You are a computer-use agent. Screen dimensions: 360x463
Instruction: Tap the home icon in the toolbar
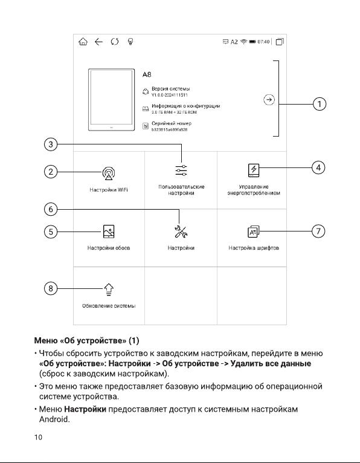pos(83,42)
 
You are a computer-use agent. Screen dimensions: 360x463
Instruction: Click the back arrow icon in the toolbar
pos(98,42)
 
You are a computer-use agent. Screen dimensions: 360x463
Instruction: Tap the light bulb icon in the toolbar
pos(130,42)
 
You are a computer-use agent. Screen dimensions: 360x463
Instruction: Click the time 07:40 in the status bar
pos(263,42)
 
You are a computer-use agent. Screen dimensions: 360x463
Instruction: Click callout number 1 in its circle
pos(320,104)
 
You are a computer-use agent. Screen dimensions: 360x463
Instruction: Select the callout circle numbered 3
pos(51,144)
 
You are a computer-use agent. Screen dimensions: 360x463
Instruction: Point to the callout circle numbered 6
pos(51,209)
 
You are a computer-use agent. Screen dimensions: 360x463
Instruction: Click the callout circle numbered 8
pos(51,288)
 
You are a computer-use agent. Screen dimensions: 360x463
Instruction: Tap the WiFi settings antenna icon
pos(109,173)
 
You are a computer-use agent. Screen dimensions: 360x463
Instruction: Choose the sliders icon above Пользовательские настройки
pos(181,170)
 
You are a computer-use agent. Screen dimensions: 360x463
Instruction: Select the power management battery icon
pos(254,170)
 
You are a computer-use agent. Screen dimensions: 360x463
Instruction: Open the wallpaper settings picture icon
pos(109,231)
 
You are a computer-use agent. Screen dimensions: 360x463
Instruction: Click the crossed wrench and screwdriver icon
pos(181,231)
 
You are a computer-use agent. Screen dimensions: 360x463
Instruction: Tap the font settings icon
pos(254,231)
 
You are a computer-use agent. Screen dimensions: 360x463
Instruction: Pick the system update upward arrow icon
pos(109,290)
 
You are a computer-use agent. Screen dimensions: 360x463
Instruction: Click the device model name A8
pos(147,74)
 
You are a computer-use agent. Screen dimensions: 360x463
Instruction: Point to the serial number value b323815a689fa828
pos(169,129)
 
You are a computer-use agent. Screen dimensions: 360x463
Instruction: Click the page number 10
pos(39,437)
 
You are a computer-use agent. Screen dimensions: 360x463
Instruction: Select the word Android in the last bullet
pos(54,419)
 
